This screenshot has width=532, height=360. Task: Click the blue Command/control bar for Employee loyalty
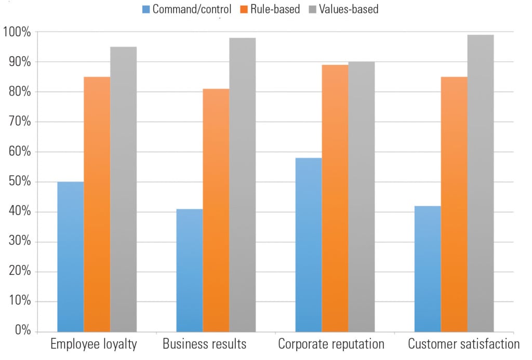[70, 257]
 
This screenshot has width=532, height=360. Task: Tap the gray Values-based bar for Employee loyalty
[123, 189]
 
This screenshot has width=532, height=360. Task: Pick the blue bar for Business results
[190, 270]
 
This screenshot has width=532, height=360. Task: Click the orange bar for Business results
[216, 210]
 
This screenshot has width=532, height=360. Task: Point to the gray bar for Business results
[243, 184]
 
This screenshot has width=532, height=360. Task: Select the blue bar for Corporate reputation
[309, 245]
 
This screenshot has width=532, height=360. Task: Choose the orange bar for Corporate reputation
[335, 198]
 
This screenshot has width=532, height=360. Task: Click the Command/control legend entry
[187, 9]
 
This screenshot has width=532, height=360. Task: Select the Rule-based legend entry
[271, 9]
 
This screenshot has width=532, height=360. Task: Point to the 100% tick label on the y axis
[17, 32]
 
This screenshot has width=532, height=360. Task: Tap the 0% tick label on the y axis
[22, 331]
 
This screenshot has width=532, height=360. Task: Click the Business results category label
[205, 344]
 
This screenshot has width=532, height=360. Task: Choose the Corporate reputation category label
[331, 344]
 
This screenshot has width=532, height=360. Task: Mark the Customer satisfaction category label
[463, 344]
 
